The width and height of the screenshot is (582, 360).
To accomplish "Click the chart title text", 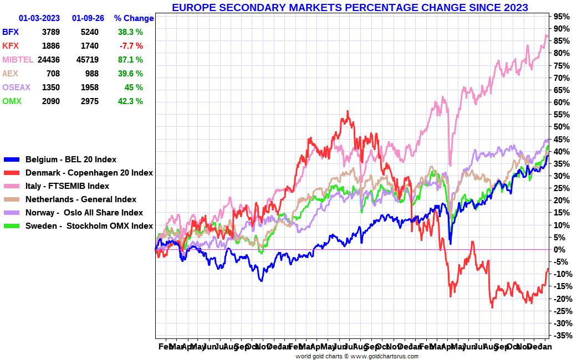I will coord(350,7).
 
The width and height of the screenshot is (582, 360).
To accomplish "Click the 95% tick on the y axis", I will coord(560,16).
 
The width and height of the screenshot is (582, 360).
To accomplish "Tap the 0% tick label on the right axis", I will coord(560,250).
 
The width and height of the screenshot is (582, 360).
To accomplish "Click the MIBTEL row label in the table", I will coord(18,59).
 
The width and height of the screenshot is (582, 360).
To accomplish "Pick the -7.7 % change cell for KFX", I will coord(130,45).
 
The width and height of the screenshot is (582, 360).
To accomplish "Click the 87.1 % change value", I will coord(130,59).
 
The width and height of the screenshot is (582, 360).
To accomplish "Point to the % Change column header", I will coord(134,18).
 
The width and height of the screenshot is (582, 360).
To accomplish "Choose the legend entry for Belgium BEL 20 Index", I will coord(70,160).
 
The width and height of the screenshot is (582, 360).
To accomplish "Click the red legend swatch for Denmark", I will coord(12,173).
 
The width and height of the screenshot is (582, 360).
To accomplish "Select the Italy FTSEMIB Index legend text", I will coord(67,186).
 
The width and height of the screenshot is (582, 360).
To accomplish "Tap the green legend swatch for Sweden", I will coord(12,226).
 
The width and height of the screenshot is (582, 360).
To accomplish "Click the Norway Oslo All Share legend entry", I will coord(84,213).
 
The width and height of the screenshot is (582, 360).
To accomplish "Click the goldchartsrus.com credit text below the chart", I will coord(356,356).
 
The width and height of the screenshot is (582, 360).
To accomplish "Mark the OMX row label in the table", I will coord(12,101).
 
